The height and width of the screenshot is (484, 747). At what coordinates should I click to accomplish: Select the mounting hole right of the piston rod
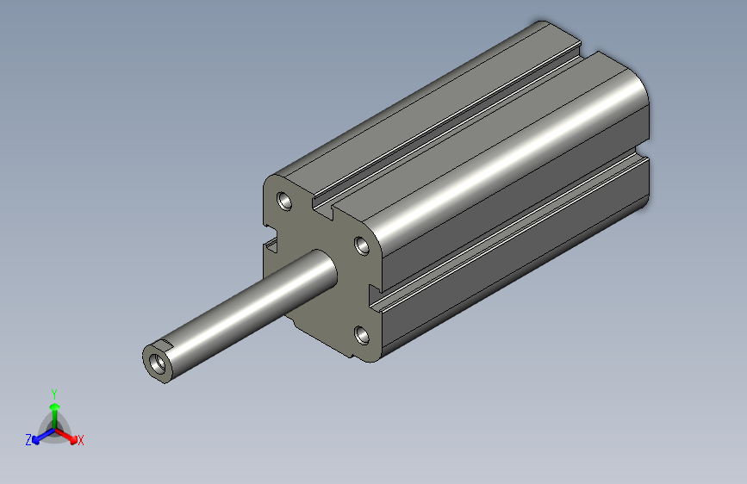[363, 246]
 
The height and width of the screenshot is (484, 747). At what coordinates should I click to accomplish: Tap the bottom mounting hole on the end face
[361, 334]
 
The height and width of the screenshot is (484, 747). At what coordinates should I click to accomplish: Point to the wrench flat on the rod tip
[166, 348]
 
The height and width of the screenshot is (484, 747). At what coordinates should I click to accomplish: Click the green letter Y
[53, 392]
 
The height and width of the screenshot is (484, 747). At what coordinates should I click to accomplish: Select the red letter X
[81, 441]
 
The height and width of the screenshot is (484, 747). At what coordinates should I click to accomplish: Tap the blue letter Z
[28, 440]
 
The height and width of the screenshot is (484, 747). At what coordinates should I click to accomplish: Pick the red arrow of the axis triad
[68, 435]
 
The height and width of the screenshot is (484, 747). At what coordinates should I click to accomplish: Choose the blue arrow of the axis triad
[40, 436]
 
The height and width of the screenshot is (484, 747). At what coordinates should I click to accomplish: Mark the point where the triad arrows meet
[53, 427]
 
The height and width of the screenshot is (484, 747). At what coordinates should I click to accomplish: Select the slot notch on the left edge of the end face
[271, 246]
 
